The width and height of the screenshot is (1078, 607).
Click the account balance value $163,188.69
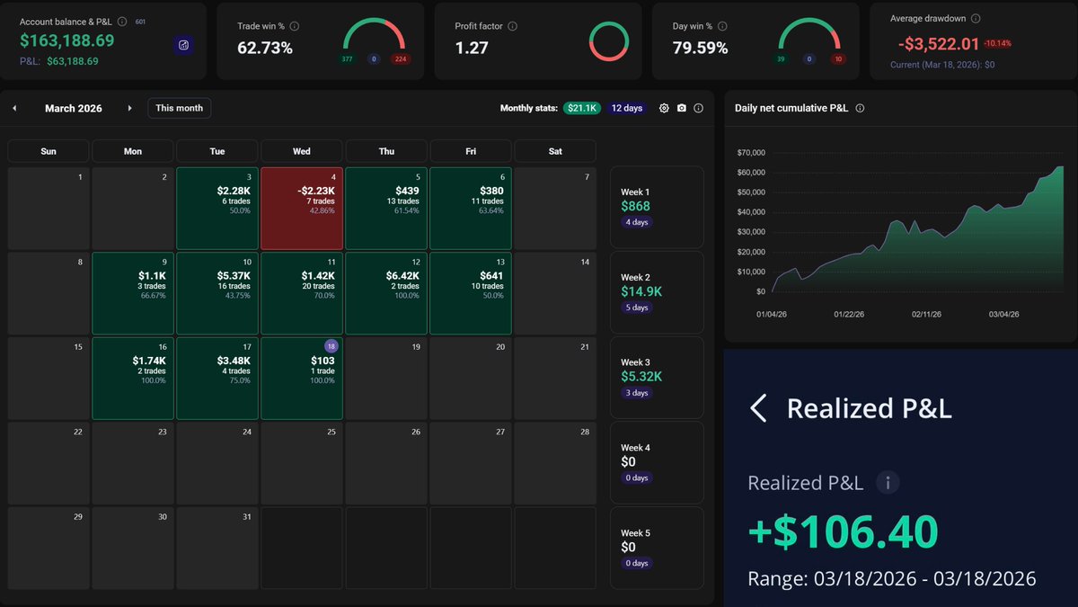pyautogui.click(x=67, y=40)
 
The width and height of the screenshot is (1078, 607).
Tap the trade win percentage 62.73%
pyautogui.click(x=265, y=48)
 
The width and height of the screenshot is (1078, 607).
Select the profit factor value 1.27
pyautogui.click(x=472, y=48)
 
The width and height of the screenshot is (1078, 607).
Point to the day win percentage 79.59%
pyautogui.click(x=700, y=48)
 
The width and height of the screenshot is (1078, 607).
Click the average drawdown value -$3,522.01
pyautogui.click(x=938, y=43)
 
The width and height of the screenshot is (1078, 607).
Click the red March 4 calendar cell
pyautogui.click(x=302, y=209)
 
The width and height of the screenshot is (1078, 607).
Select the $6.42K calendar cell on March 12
pyautogui.click(x=386, y=293)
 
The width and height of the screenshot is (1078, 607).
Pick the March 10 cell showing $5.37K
pyautogui.click(x=217, y=293)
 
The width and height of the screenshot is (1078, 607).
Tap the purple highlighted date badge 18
pyautogui.click(x=331, y=346)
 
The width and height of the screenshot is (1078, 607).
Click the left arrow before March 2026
pyautogui.click(x=14, y=108)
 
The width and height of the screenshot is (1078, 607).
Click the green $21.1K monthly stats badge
pyautogui.click(x=582, y=108)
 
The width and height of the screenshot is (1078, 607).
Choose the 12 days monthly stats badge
pyautogui.click(x=626, y=108)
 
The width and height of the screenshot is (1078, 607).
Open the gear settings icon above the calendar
pyautogui.click(x=664, y=108)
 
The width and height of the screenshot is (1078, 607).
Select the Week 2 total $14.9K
pyautogui.click(x=642, y=291)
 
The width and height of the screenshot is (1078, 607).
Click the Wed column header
pyautogui.click(x=302, y=151)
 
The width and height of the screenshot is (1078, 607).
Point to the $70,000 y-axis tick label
pyautogui.click(x=750, y=153)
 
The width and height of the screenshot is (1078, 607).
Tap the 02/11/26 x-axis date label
pyautogui.click(x=926, y=315)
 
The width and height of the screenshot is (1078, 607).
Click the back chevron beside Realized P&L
pyautogui.click(x=758, y=408)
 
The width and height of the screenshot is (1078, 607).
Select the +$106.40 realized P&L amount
pyautogui.click(x=843, y=531)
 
